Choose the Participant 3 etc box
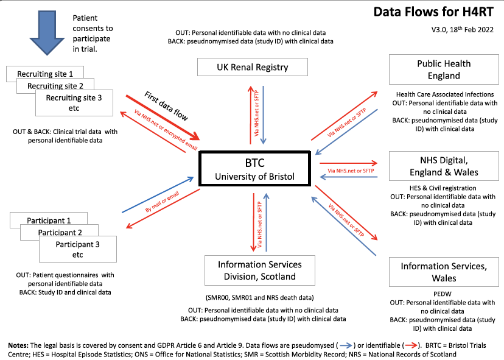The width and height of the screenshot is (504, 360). [x=77, y=249]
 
